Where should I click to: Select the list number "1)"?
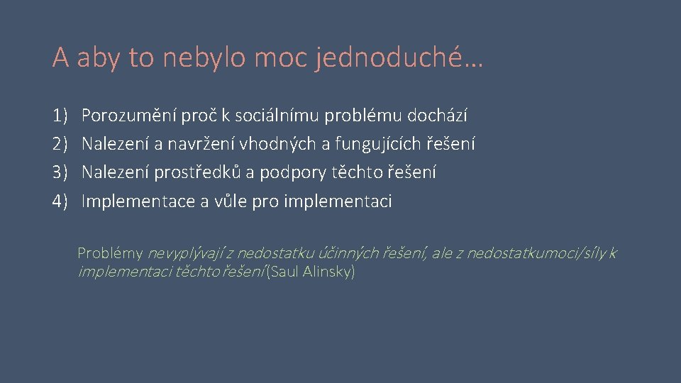[60, 115]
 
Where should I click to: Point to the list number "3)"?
[60, 172]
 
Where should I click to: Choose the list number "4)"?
[60, 201]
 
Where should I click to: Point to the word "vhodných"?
[285, 144]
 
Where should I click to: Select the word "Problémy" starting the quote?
[110, 253]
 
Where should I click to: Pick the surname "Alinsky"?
[327, 272]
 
